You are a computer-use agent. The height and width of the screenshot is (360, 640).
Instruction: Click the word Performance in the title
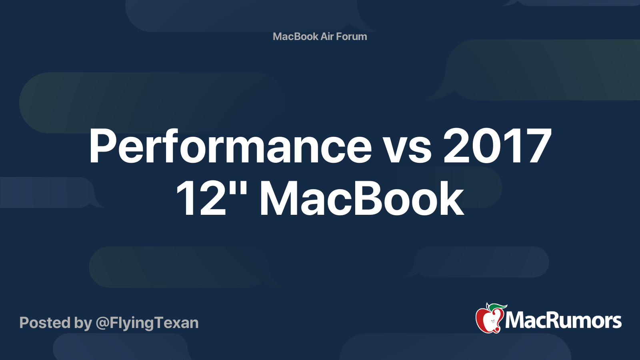pyautogui.click(x=230, y=146)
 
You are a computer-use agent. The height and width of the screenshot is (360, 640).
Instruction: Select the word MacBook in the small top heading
pyautogui.click(x=296, y=36)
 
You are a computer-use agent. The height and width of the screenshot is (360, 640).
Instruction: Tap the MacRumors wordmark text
pyautogui.click(x=563, y=321)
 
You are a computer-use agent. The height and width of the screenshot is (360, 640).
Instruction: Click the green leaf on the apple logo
pyautogui.click(x=497, y=307)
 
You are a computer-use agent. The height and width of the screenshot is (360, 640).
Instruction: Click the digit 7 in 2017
pyautogui.click(x=538, y=146)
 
